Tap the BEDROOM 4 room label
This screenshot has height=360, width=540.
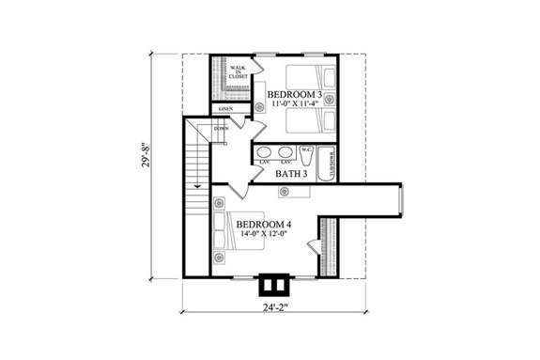pyautogui.click(x=263, y=225)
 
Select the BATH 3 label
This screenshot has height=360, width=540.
pyautogui.click(x=292, y=173)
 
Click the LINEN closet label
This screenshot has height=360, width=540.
pyautogui.click(x=225, y=110)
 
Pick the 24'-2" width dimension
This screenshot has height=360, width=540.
pyautogui.click(x=272, y=331)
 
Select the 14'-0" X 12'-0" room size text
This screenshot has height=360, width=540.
pyautogui.click(x=263, y=236)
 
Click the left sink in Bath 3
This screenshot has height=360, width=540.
pyautogui.click(x=263, y=153)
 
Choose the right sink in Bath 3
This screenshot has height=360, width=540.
pyautogui.click(x=285, y=153)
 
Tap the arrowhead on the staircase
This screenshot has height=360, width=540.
pyautogui.click(x=197, y=187)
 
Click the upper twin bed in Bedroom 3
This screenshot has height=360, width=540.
pyautogui.click(x=302, y=77)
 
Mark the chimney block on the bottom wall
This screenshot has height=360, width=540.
pyautogui.click(x=271, y=286)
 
